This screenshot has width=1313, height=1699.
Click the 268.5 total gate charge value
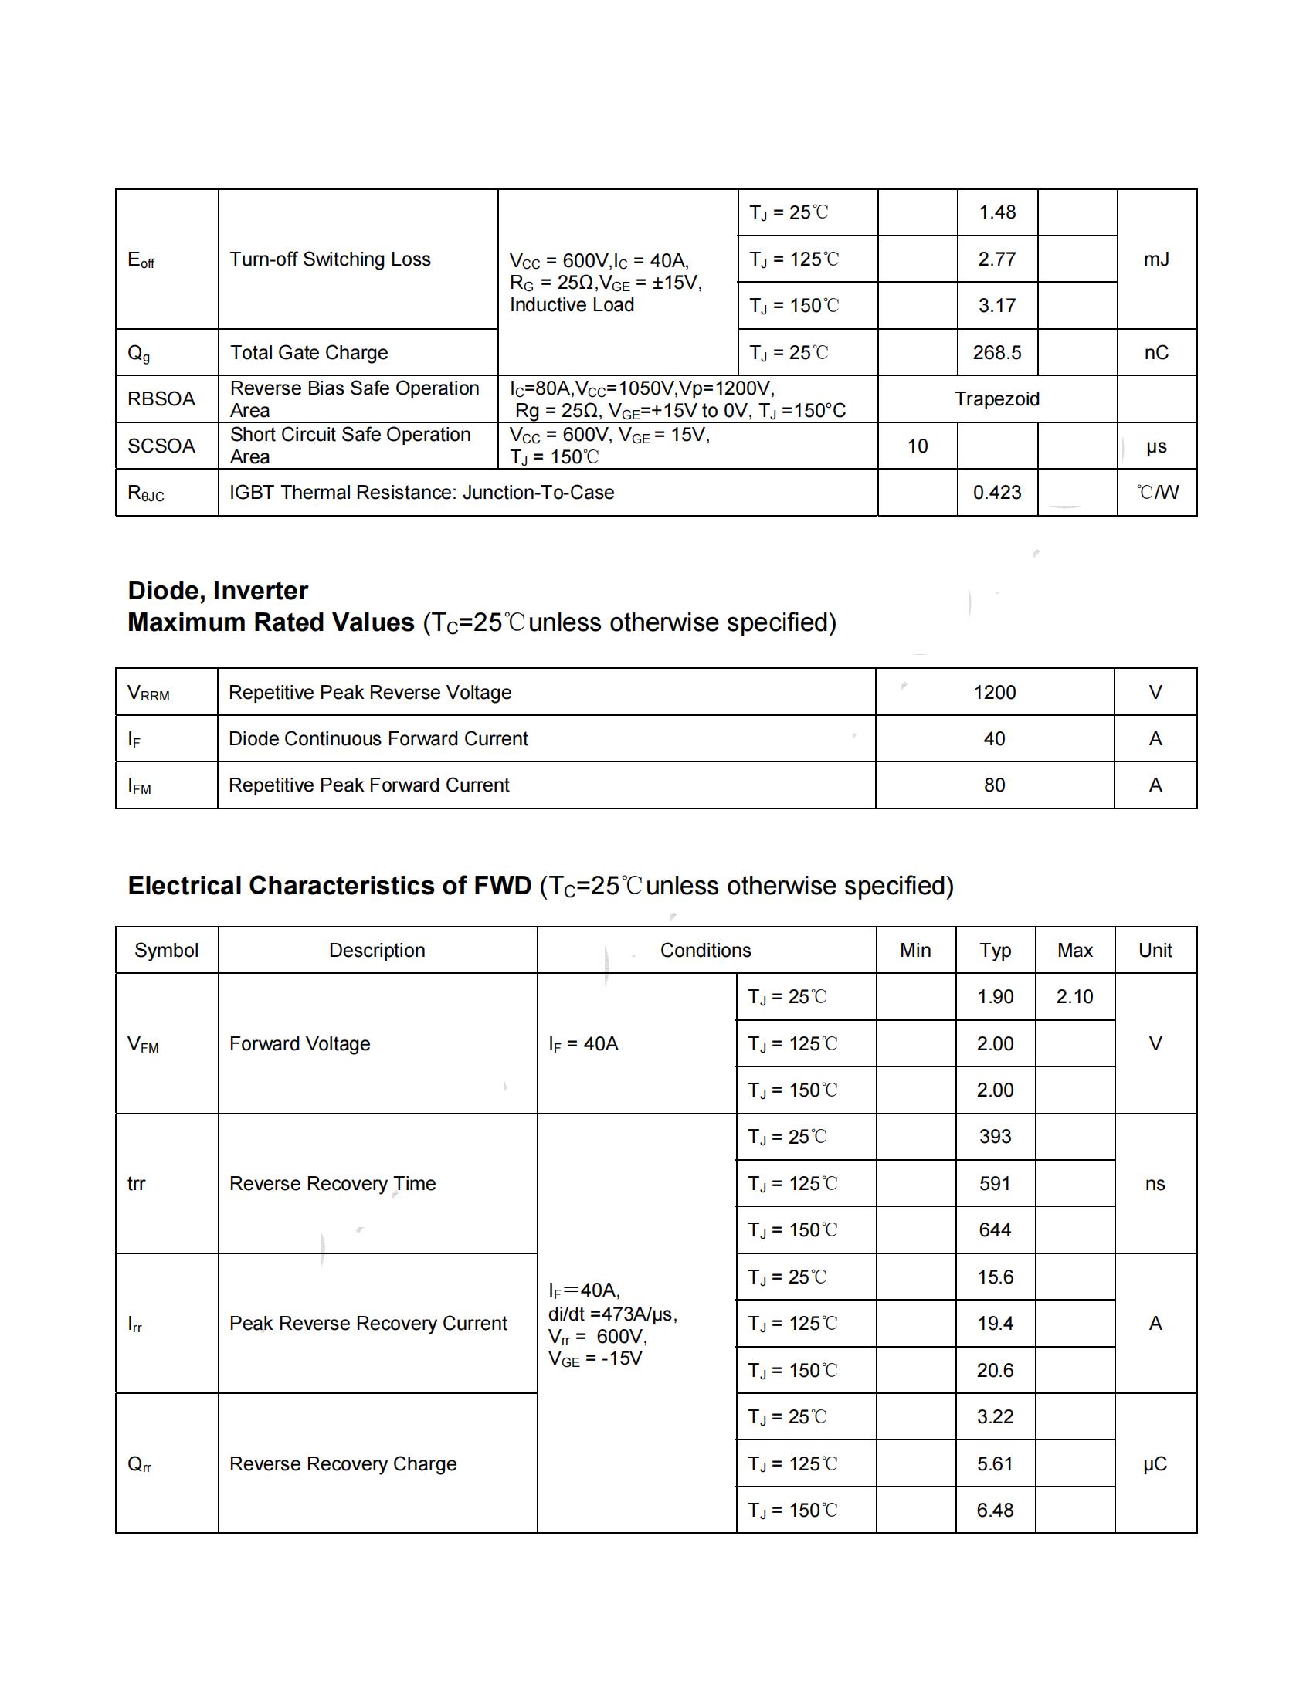click(x=996, y=352)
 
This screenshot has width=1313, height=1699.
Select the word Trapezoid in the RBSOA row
click(x=996, y=399)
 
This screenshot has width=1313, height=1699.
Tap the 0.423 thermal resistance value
click(x=996, y=493)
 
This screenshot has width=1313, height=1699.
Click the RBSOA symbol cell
click(x=161, y=399)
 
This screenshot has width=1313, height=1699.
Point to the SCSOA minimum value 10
click(x=917, y=446)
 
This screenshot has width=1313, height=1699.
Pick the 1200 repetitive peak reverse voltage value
click(x=994, y=693)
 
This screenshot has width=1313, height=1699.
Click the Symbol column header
click(x=167, y=950)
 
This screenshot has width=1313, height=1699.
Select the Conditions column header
click(x=705, y=950)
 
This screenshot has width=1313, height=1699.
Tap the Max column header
click(x=1075, y=950)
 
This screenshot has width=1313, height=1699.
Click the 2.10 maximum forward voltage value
click(x=1074, y=996)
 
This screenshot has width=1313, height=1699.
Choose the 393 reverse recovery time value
click(x=995, y=1137)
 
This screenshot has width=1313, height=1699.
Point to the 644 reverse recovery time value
click(x=995, y=1230)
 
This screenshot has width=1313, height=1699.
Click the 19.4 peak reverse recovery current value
click(x=995, y=1323)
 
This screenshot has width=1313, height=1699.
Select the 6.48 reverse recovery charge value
click(x=995, y=1510)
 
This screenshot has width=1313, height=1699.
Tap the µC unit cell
click(x=1155, y=1463)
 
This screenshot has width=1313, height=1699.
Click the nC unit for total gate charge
click(x=1156, y=352)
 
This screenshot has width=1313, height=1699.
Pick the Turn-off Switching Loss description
click(x=330, y=259)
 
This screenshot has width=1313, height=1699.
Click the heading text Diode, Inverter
click(x=218, y=591)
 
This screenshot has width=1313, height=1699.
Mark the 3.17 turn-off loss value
click(x=996, y=306)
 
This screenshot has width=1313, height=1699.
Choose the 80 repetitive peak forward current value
click(x=994, y=785)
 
